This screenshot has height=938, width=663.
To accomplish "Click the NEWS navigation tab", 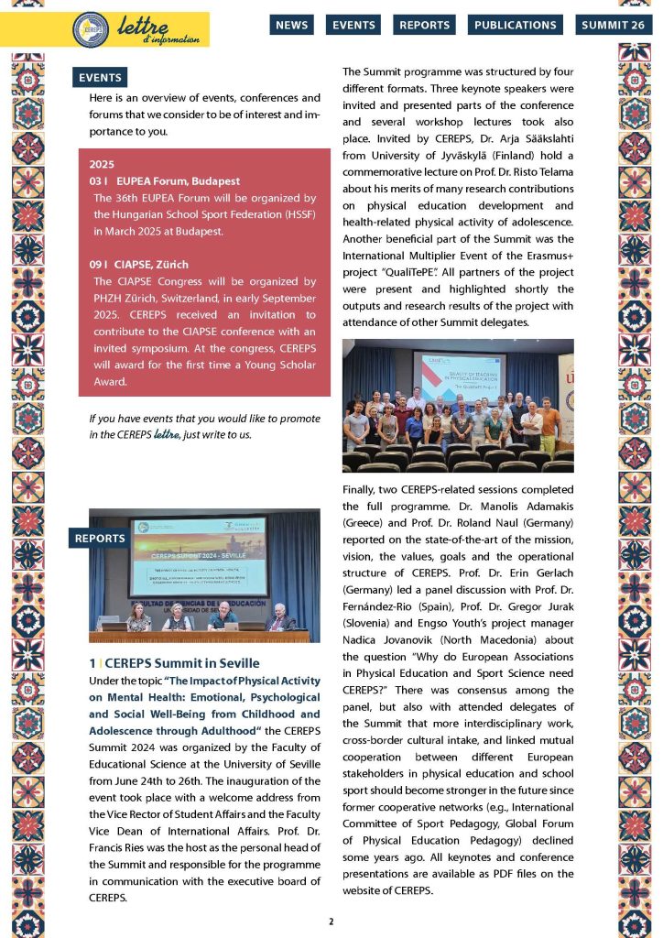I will [x=292, y=26].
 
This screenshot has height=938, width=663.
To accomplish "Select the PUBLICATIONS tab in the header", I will [x=515, y=26].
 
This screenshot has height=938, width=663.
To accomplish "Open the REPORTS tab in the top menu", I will [x=424, y=26].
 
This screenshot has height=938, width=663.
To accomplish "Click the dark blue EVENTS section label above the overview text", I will [x=100, y=78].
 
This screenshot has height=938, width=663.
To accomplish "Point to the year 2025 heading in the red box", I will [x=102, y=164].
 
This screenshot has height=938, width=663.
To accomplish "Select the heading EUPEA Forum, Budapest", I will [x=172, y=181].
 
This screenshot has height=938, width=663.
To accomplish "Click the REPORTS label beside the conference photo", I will [x=100, y=539].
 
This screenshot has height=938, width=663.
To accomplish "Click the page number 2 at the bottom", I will [x=331, y=921].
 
